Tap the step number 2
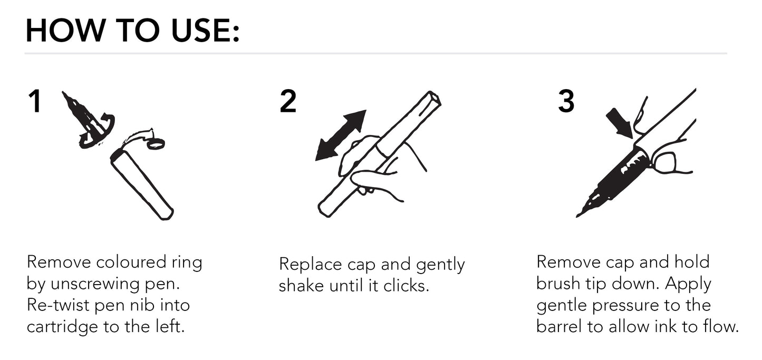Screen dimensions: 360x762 [288, 101]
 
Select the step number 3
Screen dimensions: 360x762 [566, 101]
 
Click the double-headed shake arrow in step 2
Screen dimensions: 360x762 [340, 135]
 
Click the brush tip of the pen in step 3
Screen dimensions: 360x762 [585, 208]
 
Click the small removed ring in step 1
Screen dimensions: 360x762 [156, 143]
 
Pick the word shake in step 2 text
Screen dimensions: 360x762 [302, 286]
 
